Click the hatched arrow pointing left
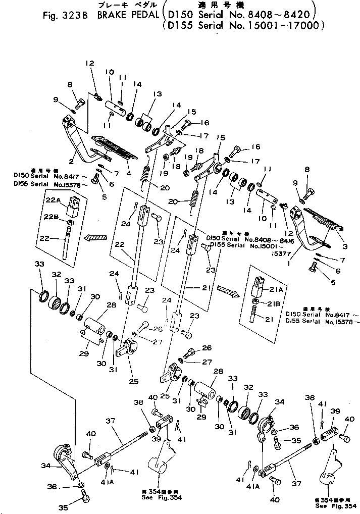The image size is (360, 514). pos(96,237)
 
